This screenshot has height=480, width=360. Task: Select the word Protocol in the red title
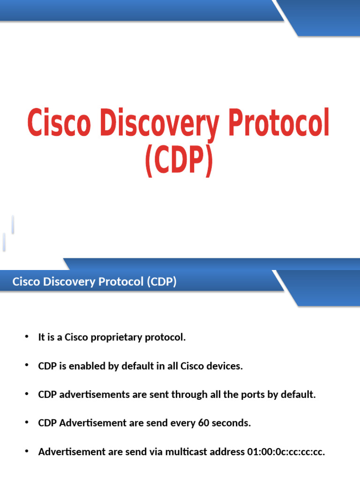277,124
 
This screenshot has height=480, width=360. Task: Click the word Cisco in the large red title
56,124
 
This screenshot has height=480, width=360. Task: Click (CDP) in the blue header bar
161,282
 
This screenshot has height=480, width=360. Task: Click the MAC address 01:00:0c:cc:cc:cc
286,452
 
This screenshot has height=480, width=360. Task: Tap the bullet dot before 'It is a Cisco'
27,337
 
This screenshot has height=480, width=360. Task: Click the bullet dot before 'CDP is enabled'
27,366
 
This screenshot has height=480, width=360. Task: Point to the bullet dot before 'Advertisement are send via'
27,451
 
